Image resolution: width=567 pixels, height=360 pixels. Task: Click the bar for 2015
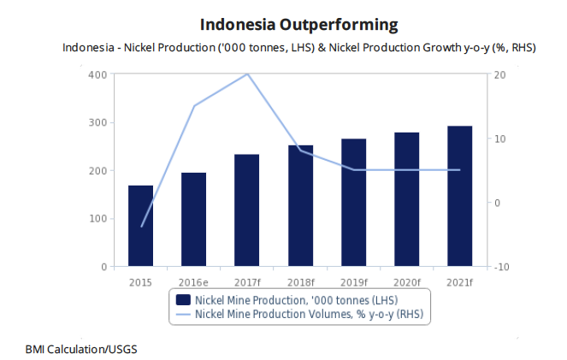tap(141, 226)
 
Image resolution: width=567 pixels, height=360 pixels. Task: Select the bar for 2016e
tap(194, 220)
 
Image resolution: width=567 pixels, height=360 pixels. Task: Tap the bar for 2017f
tap(247, 210)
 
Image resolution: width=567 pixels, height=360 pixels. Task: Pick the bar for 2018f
tap(300, 206)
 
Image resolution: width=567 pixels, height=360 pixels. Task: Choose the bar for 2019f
tap(353, 203)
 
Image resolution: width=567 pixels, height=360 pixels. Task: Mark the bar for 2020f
tap(407, 199)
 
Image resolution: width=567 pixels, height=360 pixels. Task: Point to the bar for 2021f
tap(460, 197)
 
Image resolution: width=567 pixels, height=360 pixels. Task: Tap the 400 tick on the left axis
tap(97, 75)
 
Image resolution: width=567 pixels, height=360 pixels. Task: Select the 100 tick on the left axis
tap(97, 219)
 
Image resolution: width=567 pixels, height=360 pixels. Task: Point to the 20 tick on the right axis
tap(499, 75)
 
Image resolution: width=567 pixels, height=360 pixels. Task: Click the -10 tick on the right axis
tap(501, 267)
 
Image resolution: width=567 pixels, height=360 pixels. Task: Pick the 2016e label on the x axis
tap(194, 281)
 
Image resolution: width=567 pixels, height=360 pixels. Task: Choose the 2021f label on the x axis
tap(460, 281)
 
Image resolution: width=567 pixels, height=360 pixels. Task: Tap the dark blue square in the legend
tap(182, 300)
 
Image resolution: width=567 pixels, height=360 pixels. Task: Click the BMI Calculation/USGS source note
tap(81, 349)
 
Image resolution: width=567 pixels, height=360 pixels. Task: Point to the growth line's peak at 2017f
tap(247, 74)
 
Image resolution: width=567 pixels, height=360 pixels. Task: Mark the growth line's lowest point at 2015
tap(141, 227)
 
